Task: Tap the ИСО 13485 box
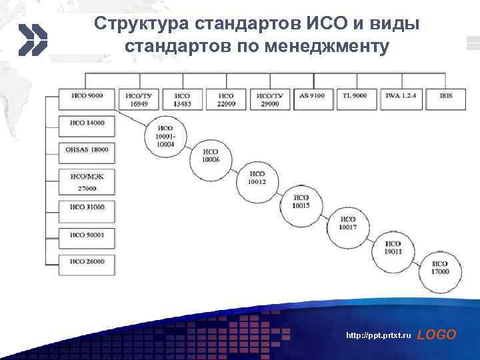pos(182,99)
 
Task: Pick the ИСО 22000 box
pos(225,99)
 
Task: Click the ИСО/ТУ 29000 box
pos(269,99)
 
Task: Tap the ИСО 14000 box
pos(87,124)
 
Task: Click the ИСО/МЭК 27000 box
pos(87,181)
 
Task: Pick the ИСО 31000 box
pos(87,208)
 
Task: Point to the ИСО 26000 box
pos(87,263)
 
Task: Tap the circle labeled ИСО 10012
pos(257,178)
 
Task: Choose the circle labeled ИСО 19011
pos(393,248)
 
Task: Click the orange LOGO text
pos(437,335)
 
